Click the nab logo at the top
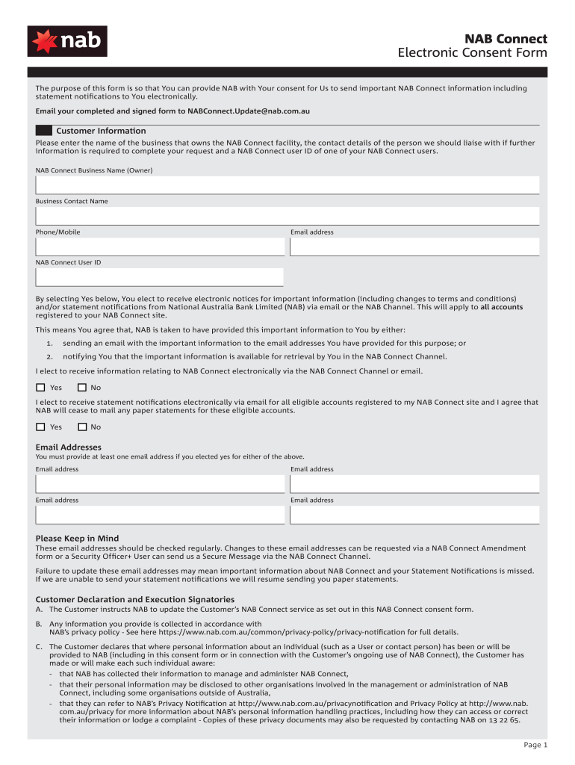click(67, 41)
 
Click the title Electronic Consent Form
click(472, 53)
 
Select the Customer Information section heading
click(101, 131)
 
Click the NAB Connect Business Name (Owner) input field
click(287, 185)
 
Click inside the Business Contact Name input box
click(287, 216)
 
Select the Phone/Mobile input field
click(160, 247)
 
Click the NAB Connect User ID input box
click(160, 277)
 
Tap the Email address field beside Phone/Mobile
click(414, 247)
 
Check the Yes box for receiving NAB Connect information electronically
click(40, 388)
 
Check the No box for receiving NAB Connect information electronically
click(82, 388)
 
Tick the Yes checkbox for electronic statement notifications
click(40, 427)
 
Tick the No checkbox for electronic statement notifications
click(82, 427)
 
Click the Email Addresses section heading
click(69, 447)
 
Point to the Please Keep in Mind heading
click(77, 539)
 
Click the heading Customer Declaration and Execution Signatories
click(135, 599)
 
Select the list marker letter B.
click(39, 624)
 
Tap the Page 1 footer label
click(535, 745)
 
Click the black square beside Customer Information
click(43, 131)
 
